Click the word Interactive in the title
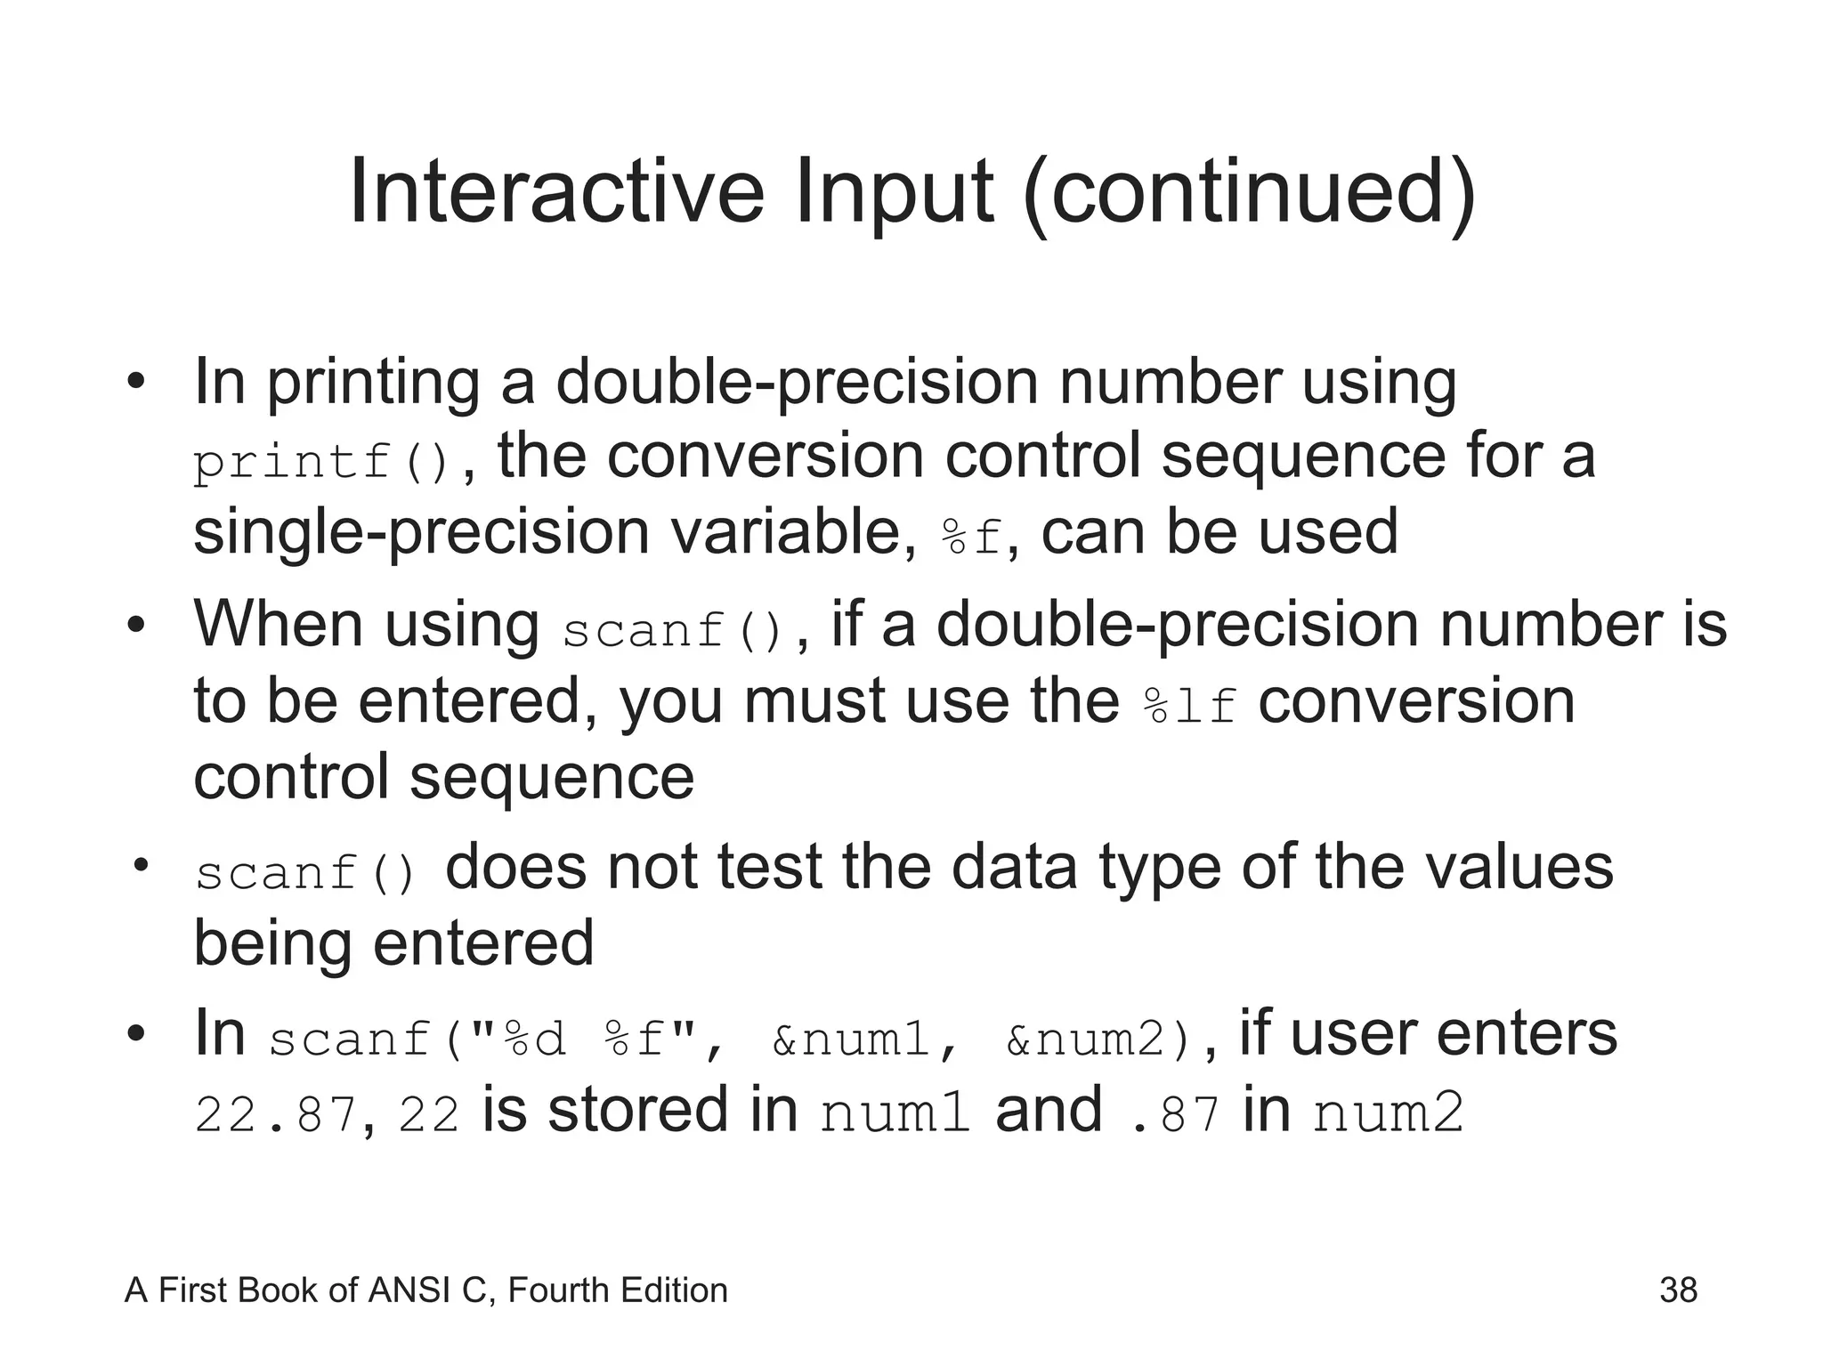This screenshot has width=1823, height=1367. point(556,191)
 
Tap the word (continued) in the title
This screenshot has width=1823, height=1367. point(1250,193)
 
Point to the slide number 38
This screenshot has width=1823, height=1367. point(1678,1290)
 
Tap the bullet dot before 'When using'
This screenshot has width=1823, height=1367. point(135,625)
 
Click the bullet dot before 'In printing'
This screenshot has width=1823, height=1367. point(135,383)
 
